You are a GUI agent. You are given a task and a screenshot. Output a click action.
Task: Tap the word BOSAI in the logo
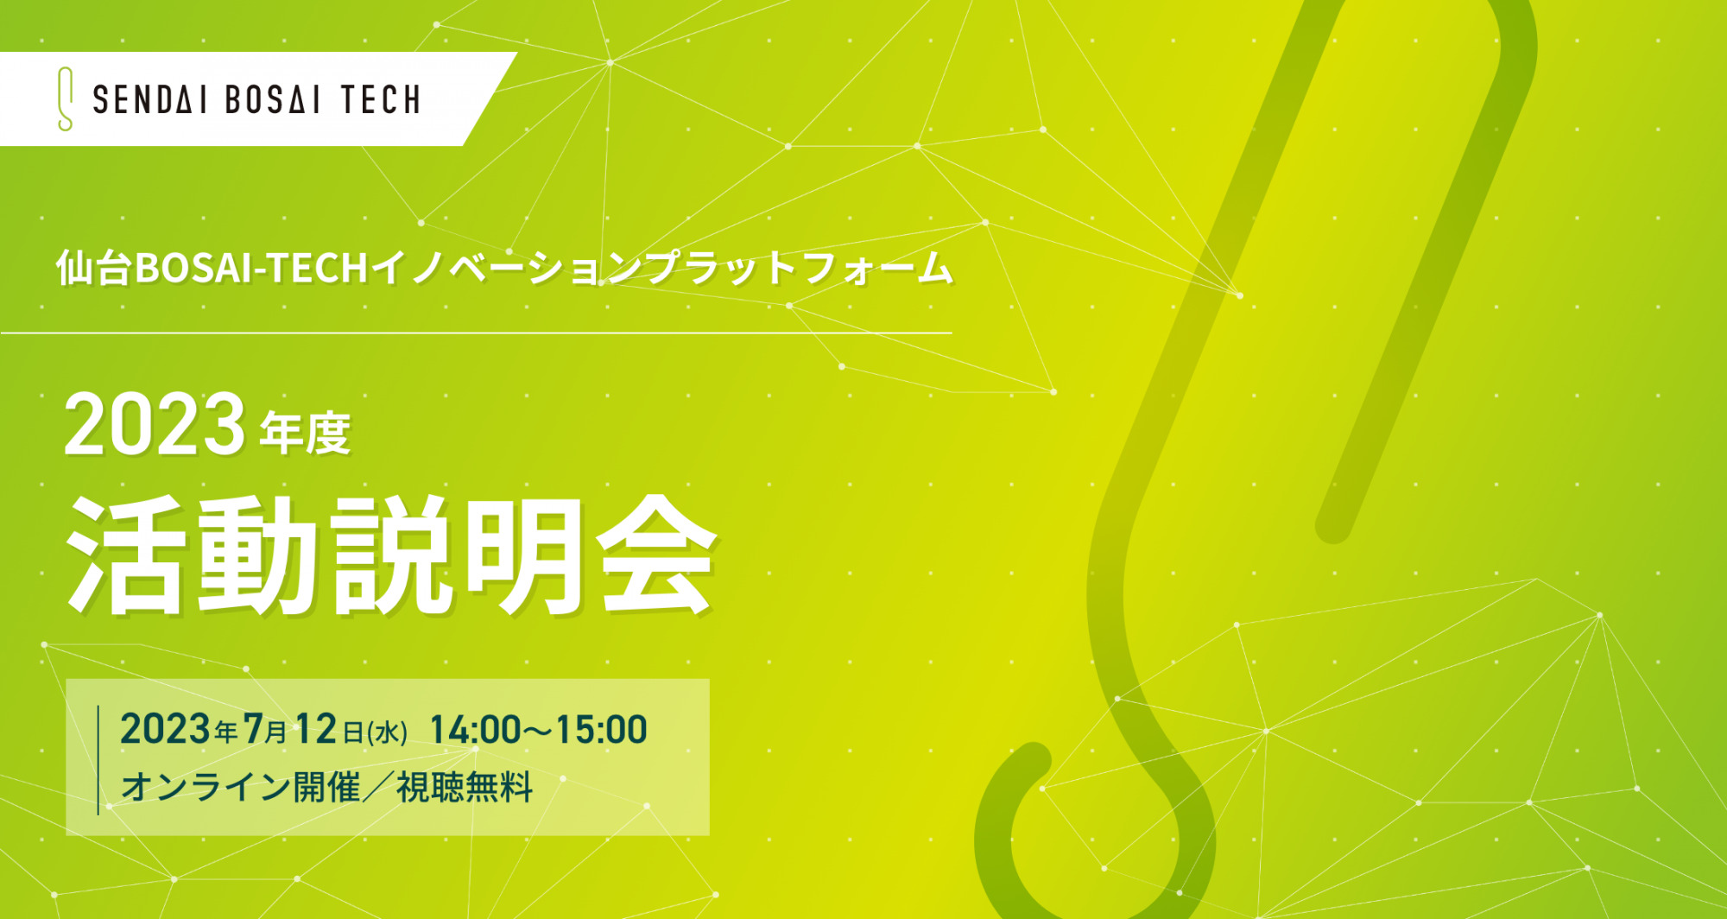273,100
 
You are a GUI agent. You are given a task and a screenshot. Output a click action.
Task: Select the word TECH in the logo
381,100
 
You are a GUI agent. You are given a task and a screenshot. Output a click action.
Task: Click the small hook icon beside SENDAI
65,99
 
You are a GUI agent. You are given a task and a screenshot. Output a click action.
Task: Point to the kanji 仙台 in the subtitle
94,268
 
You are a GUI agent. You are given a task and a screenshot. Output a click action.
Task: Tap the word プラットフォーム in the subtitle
799,268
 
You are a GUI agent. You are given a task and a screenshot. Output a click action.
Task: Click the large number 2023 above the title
155,424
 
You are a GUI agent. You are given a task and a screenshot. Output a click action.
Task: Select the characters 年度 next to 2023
305,433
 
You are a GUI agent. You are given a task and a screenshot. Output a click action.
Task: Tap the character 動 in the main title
256,555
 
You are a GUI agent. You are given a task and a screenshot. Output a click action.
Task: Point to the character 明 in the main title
524,555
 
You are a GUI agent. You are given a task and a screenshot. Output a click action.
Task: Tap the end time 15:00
601,730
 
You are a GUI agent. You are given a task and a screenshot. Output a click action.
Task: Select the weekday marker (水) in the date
388,732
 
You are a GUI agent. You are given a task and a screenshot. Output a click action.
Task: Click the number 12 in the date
315,729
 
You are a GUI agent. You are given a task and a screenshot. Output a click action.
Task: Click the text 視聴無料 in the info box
465,787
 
